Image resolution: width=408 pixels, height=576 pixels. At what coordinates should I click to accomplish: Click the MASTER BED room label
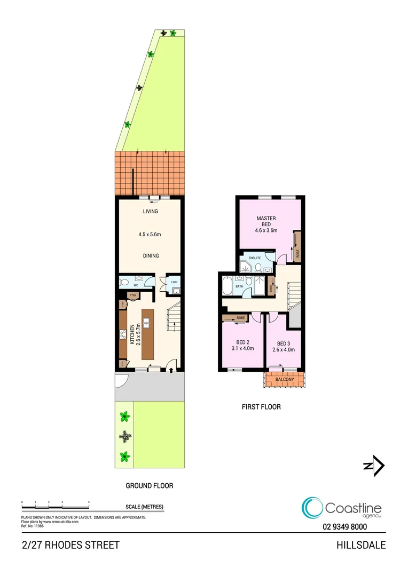point(266,222)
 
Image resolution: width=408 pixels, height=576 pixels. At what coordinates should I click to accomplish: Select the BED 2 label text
point(243,342)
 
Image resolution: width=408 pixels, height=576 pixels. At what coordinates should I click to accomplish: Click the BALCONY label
point(284,380)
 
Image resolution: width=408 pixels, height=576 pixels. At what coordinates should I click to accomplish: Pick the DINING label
point(151,255)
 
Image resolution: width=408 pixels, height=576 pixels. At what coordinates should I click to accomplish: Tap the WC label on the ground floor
point(136,285)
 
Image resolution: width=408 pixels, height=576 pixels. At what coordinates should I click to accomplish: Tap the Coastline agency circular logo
point(312,508)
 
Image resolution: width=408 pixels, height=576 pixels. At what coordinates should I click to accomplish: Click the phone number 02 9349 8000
point(345,526)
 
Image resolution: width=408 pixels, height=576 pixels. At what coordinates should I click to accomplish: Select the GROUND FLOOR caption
point(149,486)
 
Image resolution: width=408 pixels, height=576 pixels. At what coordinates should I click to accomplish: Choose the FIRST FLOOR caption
point(261,407)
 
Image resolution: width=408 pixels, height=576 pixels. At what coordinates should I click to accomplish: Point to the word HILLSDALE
point(361,545)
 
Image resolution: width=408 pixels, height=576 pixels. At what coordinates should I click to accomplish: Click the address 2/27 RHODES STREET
point(70,545)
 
